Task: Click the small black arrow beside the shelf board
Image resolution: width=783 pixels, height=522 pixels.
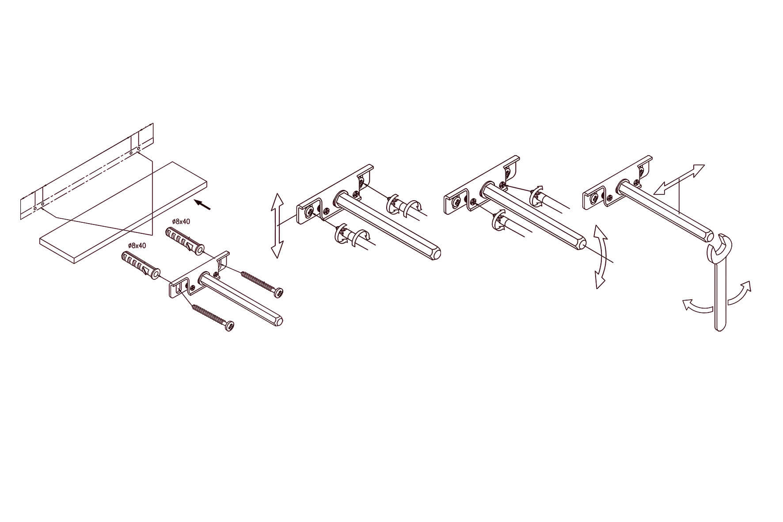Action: (x=203, y=204)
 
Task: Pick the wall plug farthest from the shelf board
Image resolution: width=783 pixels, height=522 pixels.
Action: (x=141, y=265)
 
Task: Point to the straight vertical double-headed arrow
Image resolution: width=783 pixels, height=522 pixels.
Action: (x=277, y=225)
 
